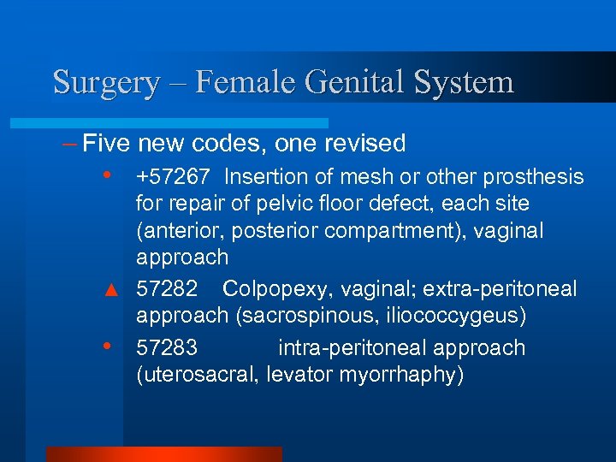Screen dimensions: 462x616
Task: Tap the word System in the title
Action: [463, 83]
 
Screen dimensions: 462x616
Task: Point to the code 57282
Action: [167, 289]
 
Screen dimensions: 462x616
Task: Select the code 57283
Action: [167, 348]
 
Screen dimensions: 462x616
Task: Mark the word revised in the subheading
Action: [362, 143]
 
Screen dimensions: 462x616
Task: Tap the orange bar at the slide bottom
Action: [163, 453]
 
